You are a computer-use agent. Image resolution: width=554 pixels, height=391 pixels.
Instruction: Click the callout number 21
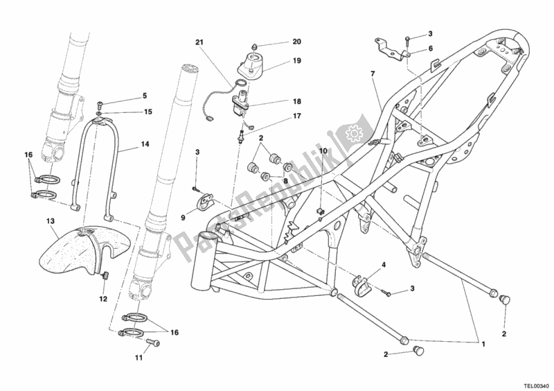pyautogui.click(x=200, y=43)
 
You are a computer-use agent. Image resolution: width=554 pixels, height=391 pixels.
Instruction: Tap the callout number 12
pyautogui.click(x=103, y=299)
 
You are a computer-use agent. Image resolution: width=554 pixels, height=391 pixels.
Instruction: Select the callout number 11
pyautogui.click(x=138, y=358)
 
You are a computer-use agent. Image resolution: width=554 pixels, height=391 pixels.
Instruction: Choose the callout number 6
pyautogui.click(x=430, y=49)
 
